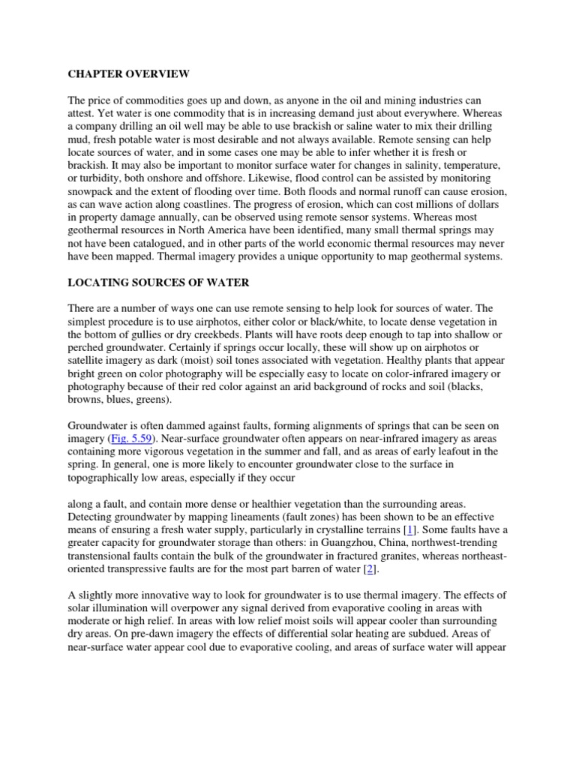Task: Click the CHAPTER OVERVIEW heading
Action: click(128, 74)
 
